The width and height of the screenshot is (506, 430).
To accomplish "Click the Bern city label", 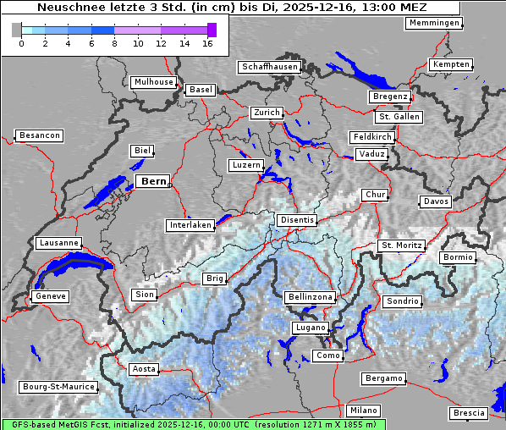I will click(153, 181).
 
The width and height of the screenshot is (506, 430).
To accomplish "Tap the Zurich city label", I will click(266, 113).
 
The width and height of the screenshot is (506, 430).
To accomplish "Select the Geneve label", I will click(50, 296).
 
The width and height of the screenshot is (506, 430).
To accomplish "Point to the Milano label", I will click(364, 411).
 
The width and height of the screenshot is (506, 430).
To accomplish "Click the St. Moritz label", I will click(400, 245).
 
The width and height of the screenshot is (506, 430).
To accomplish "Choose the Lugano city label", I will click(310, 328).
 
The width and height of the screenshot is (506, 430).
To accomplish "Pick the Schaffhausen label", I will click(269, 66).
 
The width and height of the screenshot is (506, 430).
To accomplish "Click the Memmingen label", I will click(433, 23).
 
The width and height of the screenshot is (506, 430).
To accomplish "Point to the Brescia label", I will click(469, 413).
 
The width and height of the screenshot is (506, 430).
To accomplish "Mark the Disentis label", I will click(297, 220).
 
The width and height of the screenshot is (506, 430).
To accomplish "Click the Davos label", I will click(436, 201).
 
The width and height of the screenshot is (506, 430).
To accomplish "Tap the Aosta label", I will click(144, 369).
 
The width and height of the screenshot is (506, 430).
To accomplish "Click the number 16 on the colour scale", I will click(208, 43).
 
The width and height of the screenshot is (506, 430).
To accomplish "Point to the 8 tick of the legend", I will click(114, 43).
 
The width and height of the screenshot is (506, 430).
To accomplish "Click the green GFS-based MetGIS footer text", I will click(193, 424).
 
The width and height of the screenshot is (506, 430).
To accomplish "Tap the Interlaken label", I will click(190, 225).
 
